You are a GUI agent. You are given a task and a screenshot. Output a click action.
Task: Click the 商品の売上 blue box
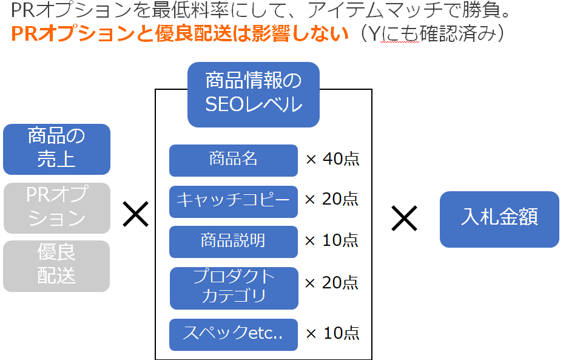point(56,149)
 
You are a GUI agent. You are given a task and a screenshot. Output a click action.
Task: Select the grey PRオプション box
point(56,208)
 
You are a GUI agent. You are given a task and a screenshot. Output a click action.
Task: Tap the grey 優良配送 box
point(56,266)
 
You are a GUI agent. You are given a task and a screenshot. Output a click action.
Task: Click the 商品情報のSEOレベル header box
point(254,95)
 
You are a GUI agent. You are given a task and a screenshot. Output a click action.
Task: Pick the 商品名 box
point(234,160)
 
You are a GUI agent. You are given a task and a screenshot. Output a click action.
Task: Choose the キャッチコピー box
point(234,202)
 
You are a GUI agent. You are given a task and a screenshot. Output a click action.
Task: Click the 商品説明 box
point(234,242)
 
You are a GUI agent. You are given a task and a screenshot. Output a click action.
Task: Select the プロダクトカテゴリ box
point(234,288)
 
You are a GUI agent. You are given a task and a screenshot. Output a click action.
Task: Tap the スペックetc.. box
point(234,335)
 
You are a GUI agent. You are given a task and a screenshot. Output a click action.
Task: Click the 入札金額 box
point(499,219)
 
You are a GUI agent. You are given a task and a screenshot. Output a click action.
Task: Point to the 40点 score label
point(341,159)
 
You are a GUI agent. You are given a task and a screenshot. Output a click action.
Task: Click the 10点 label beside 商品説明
point(340,240)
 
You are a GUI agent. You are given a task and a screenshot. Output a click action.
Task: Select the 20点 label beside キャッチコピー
point(340,199)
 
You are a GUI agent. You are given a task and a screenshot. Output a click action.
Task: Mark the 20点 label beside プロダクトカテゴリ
point(340,282)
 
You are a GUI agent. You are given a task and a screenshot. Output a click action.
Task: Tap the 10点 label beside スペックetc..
point(342,333)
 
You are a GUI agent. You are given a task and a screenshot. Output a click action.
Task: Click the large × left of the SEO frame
point(136,214)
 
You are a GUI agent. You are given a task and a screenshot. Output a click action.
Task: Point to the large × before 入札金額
point(404,218)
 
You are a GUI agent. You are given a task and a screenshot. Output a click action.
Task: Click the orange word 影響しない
point(300,33)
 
